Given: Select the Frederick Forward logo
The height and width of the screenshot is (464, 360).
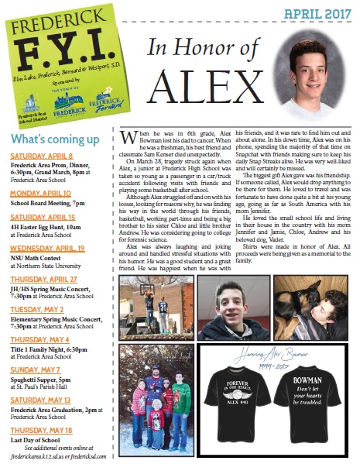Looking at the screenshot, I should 99,101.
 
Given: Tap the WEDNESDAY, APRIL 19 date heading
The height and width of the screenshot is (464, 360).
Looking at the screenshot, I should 47,249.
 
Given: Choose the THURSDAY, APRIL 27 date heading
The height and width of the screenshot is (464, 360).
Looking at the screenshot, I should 43,278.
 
